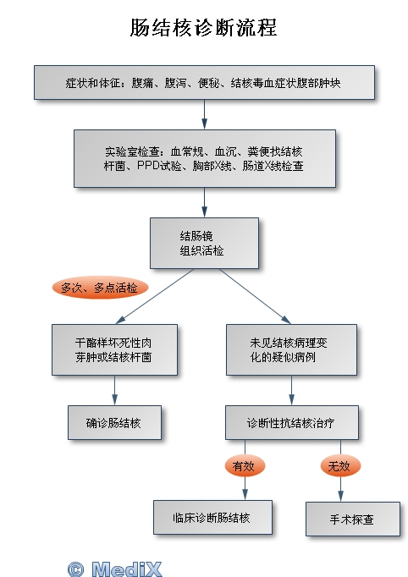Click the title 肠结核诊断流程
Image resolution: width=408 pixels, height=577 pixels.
pos(204,28)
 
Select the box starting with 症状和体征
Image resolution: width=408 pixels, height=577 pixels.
pos(204,82)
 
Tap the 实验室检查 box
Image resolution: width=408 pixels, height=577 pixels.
pos(205,158)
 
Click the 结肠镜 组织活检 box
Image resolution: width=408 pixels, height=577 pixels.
pos(204,243)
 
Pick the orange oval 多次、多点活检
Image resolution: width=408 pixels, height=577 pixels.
pos(100,288)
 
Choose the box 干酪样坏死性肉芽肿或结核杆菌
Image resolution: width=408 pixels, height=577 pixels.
pos(114,349)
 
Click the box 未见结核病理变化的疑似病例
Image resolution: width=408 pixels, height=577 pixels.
pos(292,349)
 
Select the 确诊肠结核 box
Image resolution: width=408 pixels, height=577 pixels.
pos(114,422)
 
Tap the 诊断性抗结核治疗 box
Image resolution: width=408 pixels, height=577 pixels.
pos(292,422)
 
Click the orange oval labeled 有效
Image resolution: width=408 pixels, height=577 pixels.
pos(245,466)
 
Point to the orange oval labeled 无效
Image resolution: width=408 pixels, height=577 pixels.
pos(340,466)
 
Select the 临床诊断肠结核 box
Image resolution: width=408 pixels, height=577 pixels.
pos(212,517)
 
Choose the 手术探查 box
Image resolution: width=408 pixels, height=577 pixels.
pos(353,519)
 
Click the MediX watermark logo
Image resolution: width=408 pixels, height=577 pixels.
pos(126,569)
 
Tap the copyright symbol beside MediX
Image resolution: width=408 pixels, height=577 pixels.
pos(76,569)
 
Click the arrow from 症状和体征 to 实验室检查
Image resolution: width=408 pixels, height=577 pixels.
pos(204,114)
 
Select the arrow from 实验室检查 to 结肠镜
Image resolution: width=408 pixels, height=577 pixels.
pos(204,202)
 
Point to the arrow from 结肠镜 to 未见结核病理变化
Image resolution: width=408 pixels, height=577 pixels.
pos(255,296)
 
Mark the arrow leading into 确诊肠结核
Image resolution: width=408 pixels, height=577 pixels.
pos(114,390)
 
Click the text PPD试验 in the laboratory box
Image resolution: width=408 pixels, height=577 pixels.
pos(159,166)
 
